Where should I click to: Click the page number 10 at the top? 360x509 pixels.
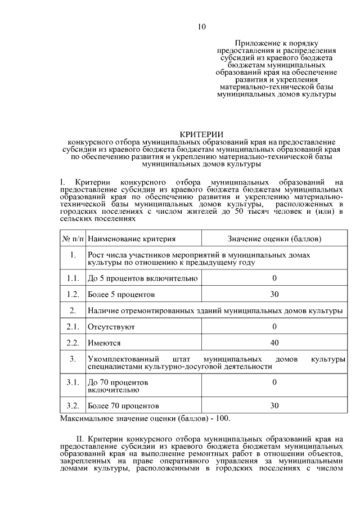coord(202,27)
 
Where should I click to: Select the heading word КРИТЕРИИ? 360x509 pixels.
coord(201,134)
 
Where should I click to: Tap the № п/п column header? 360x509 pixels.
coord(73,239)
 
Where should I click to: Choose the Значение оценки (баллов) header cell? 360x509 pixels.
coord(274,239)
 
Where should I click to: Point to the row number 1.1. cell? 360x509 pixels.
coord(73,278)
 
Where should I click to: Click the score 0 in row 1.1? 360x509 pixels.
coord(274,278)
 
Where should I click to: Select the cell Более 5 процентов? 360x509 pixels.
coord(121,294)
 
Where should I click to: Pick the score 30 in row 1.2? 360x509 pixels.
coord(274,294)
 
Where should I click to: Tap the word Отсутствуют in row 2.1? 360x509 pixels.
coord(111,327)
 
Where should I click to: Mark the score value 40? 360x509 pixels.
coord(274,343)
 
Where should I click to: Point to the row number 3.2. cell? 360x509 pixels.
coord(73,405)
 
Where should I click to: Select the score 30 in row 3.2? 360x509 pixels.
coord(274,405)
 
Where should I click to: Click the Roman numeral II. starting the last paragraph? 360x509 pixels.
coord(80,438)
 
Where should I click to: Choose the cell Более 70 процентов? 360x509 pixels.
coord(123,405)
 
